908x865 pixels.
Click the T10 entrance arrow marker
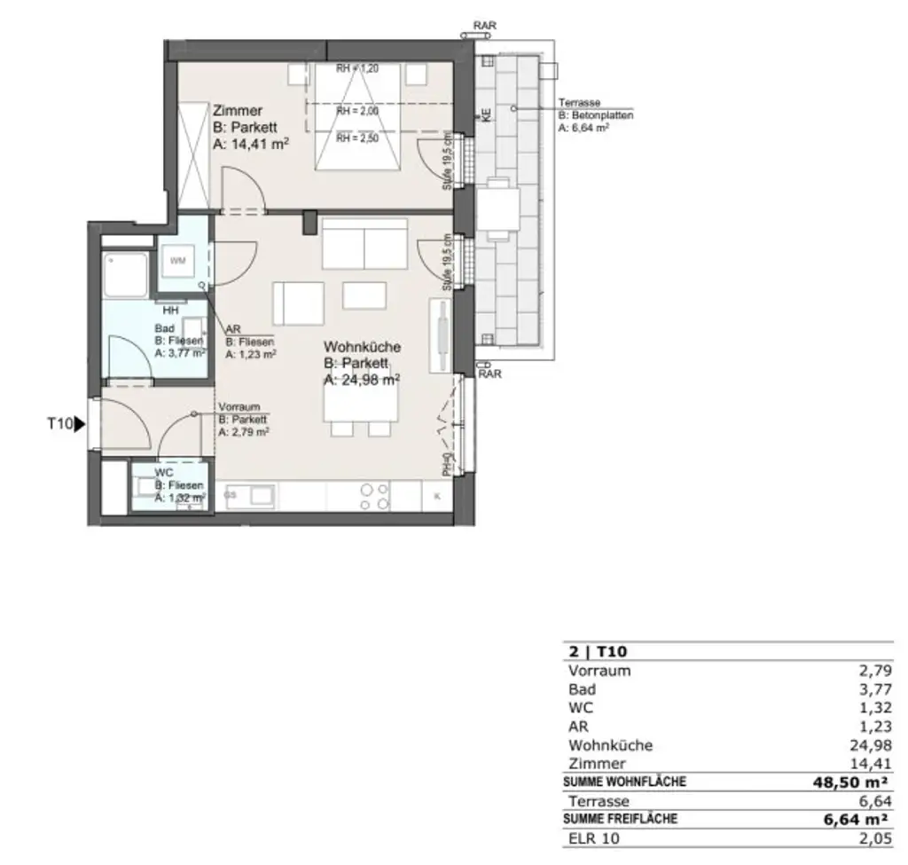pos(79,425)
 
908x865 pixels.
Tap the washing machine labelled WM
pos(178,260)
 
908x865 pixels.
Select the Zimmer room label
pos(237,111)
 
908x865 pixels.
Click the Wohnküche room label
pos(362,347)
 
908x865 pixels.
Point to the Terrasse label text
pos(580,103)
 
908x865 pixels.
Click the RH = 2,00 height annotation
pos(356,111)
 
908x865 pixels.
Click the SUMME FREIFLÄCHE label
pos(620,820)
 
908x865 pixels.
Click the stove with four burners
pos(373,496)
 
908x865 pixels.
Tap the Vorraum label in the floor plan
pos(239,407)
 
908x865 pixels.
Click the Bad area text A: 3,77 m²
pos(180,352)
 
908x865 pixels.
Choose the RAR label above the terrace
pos(484,27)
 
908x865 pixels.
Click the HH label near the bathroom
pos(170,310)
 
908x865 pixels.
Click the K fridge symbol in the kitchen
pos(436,496)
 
